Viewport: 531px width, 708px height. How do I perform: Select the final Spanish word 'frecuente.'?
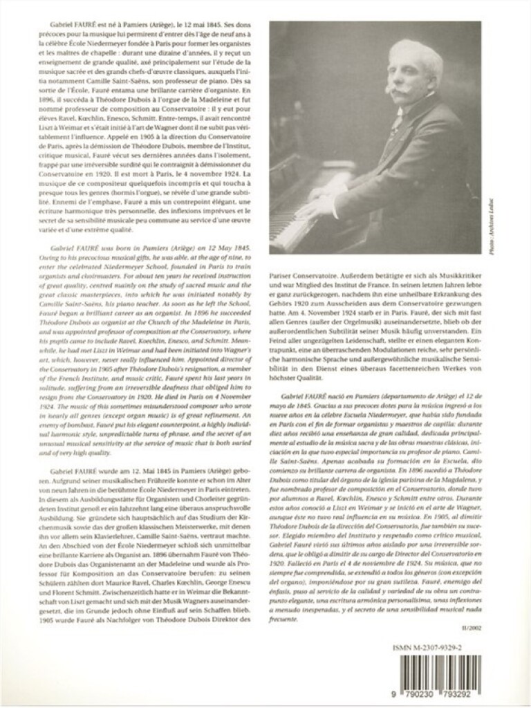click(283, 599)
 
